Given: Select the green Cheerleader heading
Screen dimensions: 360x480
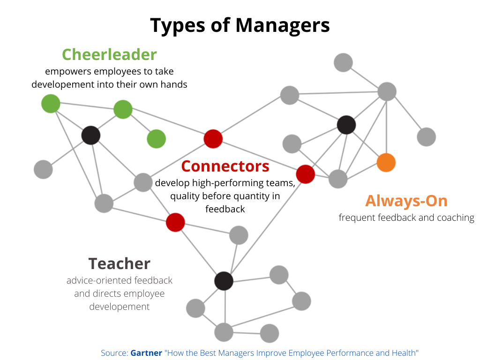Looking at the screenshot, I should [x=109, y=54].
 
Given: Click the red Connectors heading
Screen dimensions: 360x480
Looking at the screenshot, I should [x=225, y=166].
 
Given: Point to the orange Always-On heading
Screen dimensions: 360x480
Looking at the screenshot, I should [x=406, y=201].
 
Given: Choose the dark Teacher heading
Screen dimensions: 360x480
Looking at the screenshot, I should [x=120, y=263].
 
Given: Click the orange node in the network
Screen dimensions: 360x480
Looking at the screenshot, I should [x=386, y=163].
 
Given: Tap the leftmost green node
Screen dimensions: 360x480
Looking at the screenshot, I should [x=51, y=104].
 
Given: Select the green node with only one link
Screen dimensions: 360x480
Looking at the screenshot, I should [x=156, y=139].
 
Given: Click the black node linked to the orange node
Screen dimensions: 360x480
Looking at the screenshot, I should [x=346, y=125].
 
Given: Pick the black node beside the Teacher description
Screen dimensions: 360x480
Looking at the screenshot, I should [x=224, y=281].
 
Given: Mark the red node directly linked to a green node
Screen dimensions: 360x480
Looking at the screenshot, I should [x=213, y=139].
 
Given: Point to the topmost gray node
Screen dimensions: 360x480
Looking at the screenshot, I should [x=343, y=62].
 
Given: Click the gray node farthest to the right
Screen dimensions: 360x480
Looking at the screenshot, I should [x=426, y=137].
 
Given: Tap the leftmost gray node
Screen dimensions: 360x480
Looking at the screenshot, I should [x=43, y=169].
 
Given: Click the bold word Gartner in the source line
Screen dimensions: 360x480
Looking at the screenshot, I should [x=146, y=352].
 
